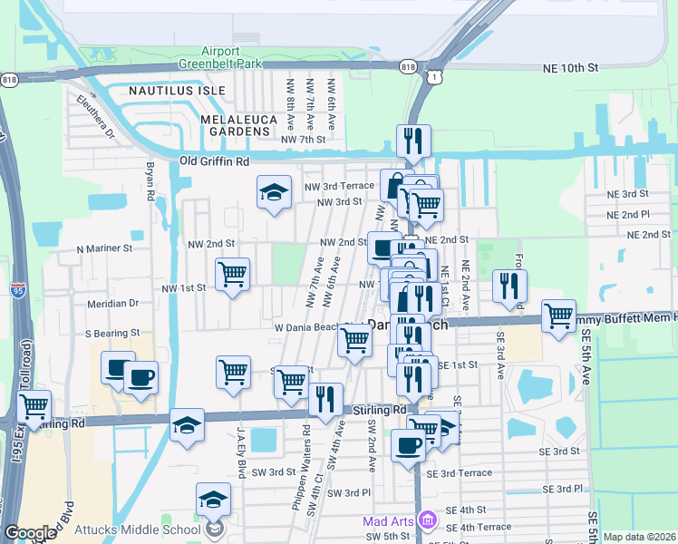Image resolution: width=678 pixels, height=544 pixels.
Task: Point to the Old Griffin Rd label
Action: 214,161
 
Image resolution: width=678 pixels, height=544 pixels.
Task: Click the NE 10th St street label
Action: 571,68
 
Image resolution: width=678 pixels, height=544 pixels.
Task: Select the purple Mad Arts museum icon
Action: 428,520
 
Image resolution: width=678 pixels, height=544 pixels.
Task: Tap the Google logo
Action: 30,533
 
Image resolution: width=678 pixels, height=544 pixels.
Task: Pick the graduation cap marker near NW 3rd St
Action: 274,192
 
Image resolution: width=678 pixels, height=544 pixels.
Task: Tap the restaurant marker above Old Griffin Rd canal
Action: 412,141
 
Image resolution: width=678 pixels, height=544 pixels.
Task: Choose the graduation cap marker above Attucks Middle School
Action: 213,499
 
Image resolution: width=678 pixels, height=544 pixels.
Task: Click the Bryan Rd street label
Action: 150,182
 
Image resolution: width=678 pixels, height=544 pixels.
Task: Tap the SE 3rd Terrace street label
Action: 466,473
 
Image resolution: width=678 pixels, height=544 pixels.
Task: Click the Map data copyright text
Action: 638,537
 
